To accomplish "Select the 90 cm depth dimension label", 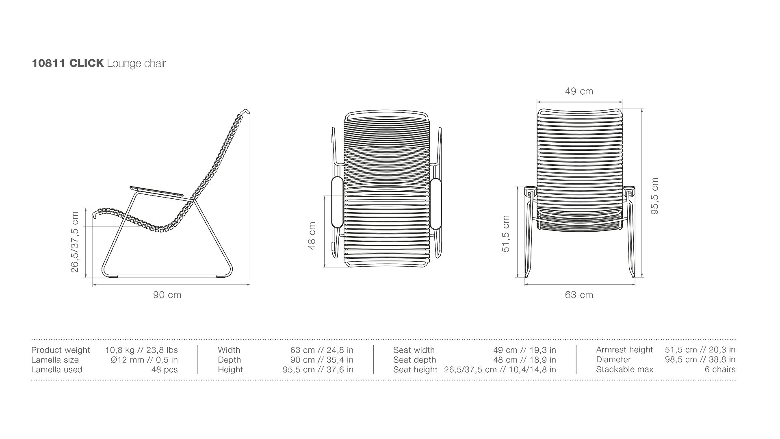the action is [x=167, y=295].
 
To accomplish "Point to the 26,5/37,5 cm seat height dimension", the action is [x=75, y=242].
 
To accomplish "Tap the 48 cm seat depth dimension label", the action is [x=312, y=235].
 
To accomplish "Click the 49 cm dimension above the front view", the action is [x=579, y=91].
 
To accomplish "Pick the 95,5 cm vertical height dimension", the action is [x=654, y=196].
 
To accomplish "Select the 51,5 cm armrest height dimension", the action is [x=505, y=234].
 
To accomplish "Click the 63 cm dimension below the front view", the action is [x=579, y=295].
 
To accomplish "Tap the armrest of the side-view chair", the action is [x=156, y=191].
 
